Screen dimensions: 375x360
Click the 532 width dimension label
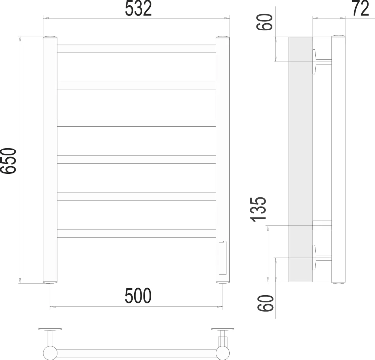(x=138, y=9)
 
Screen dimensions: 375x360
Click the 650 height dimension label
(x=8, y=161)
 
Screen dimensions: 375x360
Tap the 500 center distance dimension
(x=138, y=296)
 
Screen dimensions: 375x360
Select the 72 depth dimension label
(x=360, y=8)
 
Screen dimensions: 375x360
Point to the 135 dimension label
(x=258, y=210)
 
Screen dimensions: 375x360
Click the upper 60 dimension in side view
(x=264, y=22)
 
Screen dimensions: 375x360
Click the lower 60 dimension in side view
(x=265, y=303)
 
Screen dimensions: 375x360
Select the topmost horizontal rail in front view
(x=136, y=49)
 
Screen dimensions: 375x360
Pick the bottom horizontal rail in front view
(x=136, y=234)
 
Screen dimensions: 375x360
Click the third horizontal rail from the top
(x=136, y=122)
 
